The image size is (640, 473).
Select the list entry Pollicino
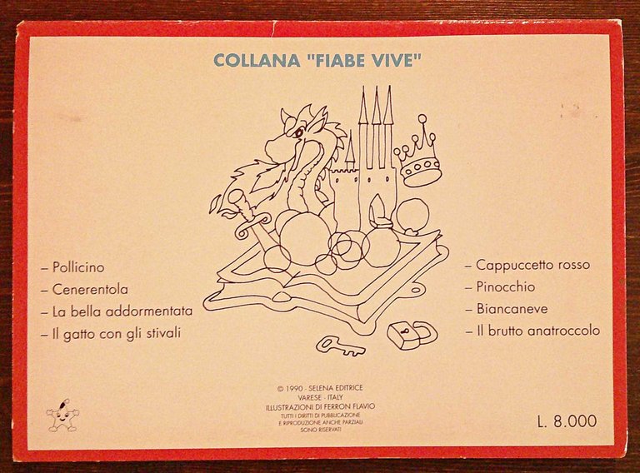[x=78, y=268]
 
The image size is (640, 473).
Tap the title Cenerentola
[x=90, y=290]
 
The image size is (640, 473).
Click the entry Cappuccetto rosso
[x=532, y=266]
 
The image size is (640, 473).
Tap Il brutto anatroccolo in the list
[x=537, y=331]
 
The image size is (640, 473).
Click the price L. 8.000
[x=567, y=421]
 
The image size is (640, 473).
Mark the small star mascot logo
[x=62, y=417]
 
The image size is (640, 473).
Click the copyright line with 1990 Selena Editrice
[x=320, y=388]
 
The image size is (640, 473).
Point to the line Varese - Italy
[x=320, y=397]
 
